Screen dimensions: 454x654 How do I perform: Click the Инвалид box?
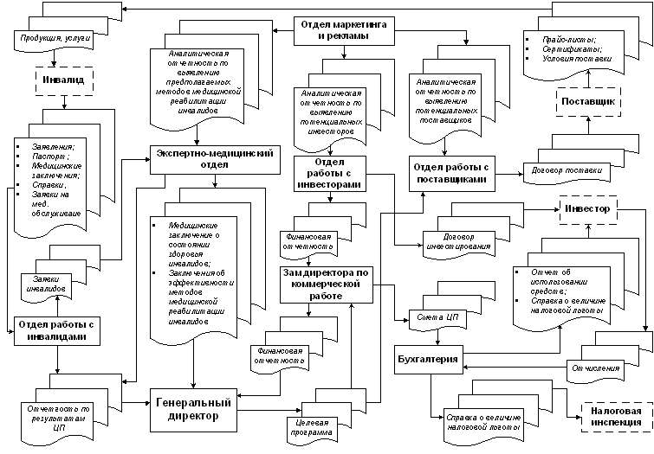click(54, 80)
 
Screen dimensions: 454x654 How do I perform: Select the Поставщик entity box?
click(588, 102)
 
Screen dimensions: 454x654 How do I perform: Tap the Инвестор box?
click(586, 208)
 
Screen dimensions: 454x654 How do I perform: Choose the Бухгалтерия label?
click(426, 358)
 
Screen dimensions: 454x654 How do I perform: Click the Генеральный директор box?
click(193, 408)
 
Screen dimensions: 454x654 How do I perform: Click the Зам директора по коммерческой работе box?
click(327, 284)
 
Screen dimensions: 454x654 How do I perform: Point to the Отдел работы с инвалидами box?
click(54, 329)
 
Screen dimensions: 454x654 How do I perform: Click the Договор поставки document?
click(565, 170)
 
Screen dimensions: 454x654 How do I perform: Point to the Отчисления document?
click(599, 369)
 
